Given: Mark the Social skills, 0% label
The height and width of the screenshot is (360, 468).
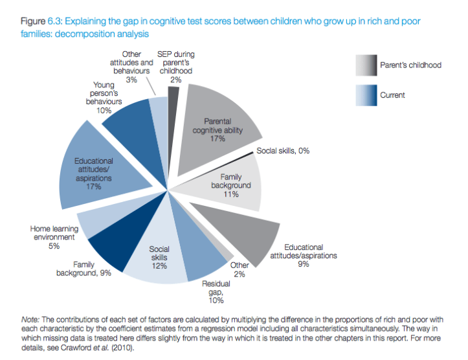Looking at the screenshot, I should [x=282, y=151].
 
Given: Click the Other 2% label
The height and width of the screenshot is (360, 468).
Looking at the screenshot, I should [x=240, y=270].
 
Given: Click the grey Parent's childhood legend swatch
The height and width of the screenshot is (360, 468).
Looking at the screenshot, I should [x=366, y=65].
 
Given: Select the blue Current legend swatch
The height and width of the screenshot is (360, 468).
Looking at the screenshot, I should [x=366, y=95].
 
